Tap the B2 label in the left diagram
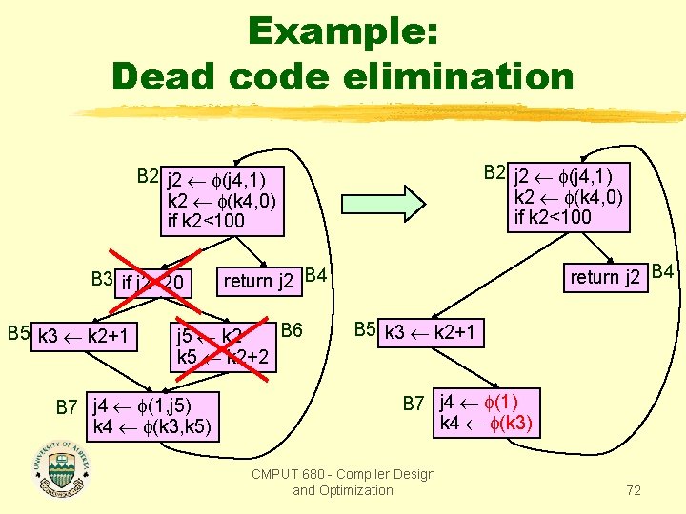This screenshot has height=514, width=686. [147, 176]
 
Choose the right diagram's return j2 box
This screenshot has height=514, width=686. [604, 277]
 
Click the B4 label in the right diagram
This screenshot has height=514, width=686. [663, 272]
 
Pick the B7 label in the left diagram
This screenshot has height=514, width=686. [66, 407]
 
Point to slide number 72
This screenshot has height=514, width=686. [633, 490]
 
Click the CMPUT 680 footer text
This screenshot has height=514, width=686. [343, 482]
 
